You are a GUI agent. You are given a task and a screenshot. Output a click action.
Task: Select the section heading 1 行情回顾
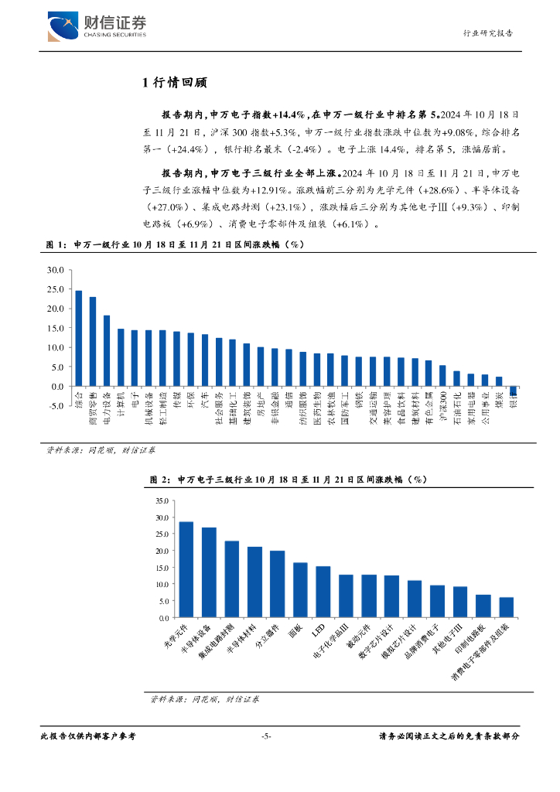174,83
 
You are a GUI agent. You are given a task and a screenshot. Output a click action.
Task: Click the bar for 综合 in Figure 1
78,338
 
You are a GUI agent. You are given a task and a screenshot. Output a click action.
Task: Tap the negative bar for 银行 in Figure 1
513,391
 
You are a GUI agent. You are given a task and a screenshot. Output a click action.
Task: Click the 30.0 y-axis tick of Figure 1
54,270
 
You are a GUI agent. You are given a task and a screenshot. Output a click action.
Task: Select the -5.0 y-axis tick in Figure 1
54,406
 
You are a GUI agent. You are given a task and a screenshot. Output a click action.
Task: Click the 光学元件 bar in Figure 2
186,570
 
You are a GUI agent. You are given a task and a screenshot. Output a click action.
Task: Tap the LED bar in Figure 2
323,592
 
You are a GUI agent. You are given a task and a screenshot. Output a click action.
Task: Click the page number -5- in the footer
265,737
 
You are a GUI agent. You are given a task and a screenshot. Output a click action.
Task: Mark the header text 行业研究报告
487,33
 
